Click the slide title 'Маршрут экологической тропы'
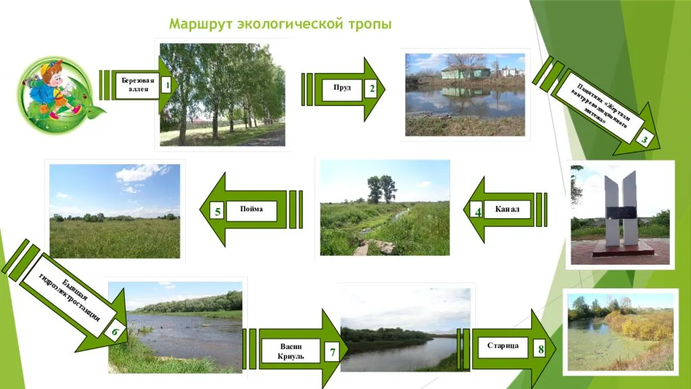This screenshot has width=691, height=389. pos(280,25)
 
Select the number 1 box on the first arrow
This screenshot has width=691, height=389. pos(165,85)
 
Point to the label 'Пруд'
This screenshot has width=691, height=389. pos(342,88)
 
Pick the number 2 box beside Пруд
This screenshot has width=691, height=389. pos(371,88)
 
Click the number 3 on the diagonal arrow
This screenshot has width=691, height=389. pos(644,140)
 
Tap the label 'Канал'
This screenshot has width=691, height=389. pos(507,209)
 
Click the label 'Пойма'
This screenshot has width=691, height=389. pos(251,209)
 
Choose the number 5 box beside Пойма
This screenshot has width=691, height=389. pos(218,212)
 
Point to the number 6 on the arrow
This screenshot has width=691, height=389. pos(115,332)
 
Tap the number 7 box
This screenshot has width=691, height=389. pos(332,352)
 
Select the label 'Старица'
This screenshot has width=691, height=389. pos(503,346)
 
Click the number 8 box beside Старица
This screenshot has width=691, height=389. pos(541,349)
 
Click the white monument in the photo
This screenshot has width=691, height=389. pos(621,209)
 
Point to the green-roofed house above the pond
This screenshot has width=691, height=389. pos(466,71)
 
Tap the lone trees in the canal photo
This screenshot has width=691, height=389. pos(381,189)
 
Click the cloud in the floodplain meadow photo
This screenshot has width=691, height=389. pos(138,174)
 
